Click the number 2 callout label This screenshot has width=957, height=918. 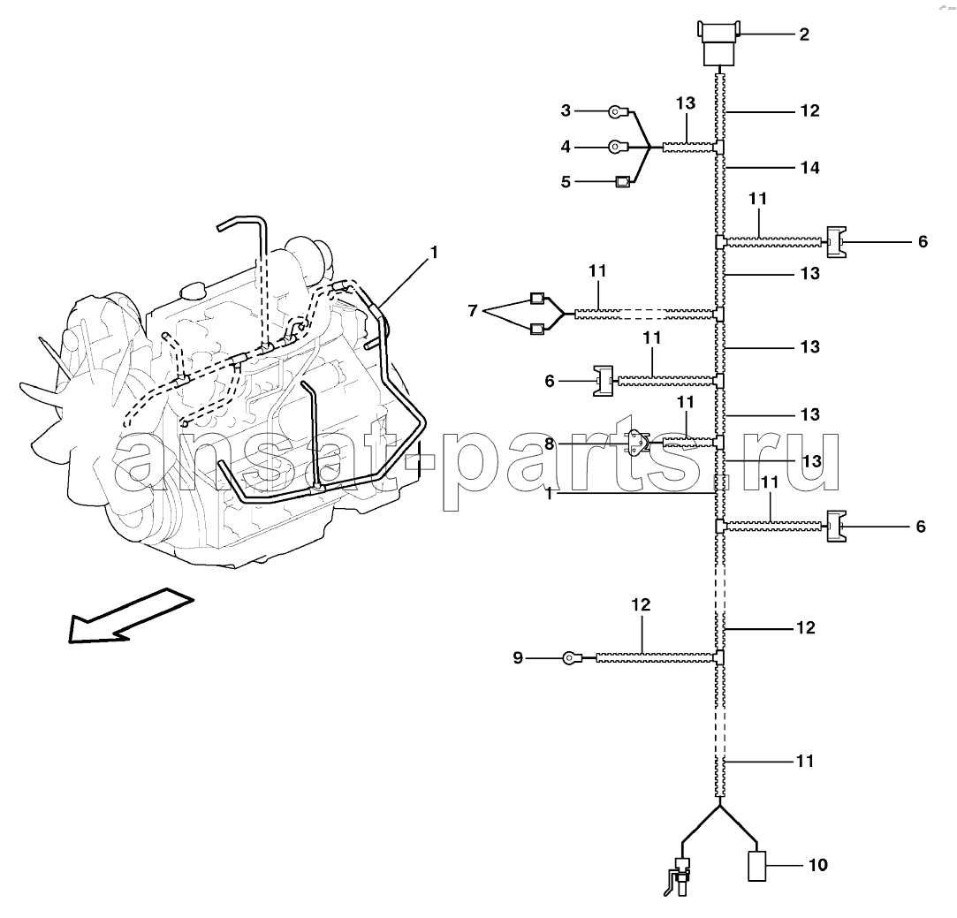coord(804,34)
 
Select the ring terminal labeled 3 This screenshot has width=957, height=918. coord(617,111)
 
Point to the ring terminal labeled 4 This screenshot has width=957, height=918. coord(617,147)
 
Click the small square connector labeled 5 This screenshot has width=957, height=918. coord(622,181)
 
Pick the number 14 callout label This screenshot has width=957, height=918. coord(810,167)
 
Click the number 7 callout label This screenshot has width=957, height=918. coord(473,311)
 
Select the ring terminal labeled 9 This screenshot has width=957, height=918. coord(571,657)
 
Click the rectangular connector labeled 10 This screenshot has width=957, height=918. coord(757,866)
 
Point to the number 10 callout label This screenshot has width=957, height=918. coord(818,865)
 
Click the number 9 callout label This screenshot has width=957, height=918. coord(518,658)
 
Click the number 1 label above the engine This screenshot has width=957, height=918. coord(434,252)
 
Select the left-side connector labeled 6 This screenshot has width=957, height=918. coord(604,381)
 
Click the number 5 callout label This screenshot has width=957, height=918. coord(566,182)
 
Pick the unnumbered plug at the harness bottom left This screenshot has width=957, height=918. coord(680,876)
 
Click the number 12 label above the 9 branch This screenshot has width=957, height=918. coord(641,604)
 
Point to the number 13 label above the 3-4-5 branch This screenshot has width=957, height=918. coord(686,103)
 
